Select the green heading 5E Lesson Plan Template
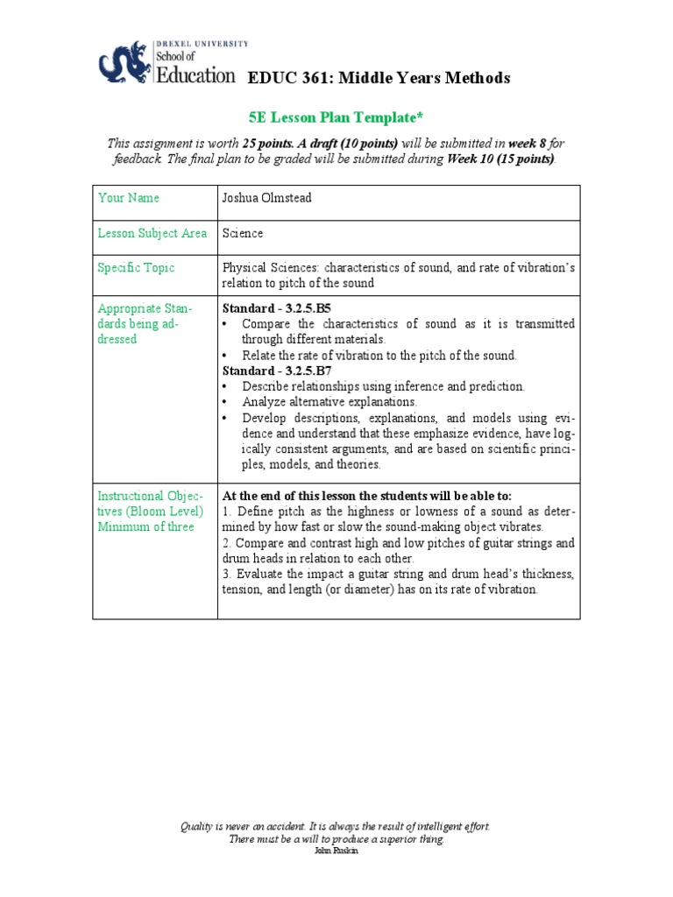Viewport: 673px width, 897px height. coord(336,117)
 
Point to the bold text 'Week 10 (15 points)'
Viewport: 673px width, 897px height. coord(500,159)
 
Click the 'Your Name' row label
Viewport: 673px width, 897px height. coord(129,198)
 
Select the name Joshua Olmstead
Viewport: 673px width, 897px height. coord(266,198)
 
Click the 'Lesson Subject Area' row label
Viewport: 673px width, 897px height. coord(152,233)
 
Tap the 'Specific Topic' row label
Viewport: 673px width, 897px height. coord(136,268)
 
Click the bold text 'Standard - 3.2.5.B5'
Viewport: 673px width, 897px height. coord(276,309)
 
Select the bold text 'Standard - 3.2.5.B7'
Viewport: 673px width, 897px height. coord(276,371)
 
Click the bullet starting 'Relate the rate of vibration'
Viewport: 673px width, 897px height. coord(379,355)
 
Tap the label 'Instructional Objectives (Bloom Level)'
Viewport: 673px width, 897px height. coord(151,503)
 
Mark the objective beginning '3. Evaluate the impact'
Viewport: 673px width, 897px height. coord(398,582)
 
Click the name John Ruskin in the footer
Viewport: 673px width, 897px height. coord(336,851)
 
